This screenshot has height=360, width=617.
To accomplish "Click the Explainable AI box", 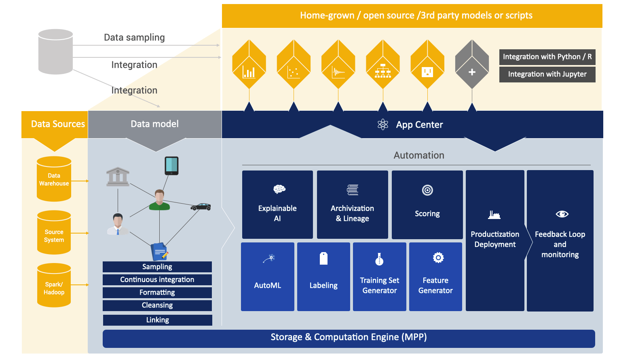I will pyautogui.click(x=277, y=205).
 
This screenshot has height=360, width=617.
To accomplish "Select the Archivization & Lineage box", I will pyautogui.click(x=352, y=205).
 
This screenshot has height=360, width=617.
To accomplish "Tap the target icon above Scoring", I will pyautogui.click(x=427, y=190).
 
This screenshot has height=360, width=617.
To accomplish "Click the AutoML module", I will pyautogui.click(x=267, y=277).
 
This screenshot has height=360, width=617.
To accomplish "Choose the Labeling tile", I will pyautogui.click(x=323, y=277).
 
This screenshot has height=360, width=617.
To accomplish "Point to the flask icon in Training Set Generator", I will pyautogui.click(x=379, y=259).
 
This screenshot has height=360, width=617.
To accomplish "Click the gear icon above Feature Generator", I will pyautogui.click(x=438, y=258).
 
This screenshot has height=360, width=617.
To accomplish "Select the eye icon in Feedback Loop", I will pyautogui.click(x=562, y=214).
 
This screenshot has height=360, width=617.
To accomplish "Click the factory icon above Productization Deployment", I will pyautogui.click(x=494, y=215).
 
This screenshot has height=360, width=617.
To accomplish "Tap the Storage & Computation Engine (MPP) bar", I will pyautogui.click(x=349, y=339).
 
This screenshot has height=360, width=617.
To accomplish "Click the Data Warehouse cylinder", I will pyautogui.click(x=54, y=179).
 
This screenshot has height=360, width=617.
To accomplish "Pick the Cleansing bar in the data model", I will pyautogui.click(x=157, y=305).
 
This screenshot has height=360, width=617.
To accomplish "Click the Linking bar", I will pyautogui.click(x=157, y=320).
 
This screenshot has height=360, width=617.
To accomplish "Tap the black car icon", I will pyautogui.click(x=201, y=207).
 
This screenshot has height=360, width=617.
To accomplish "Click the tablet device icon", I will pyautogui.click(x=171, y=166).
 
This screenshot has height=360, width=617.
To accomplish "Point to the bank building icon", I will pyautogui.click(x=118, y=177).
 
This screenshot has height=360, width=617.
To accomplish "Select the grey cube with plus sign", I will pyautogui.click(x=472, y=64).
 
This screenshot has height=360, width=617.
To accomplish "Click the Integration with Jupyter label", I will pyautogui.click(x=547, y=74).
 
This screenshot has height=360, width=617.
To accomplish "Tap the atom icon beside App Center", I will pyautogui.click(x=382, y=124).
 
